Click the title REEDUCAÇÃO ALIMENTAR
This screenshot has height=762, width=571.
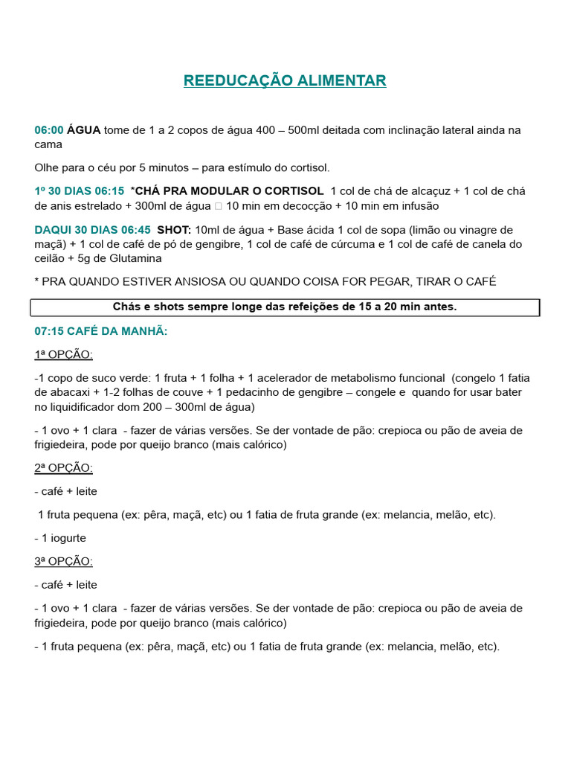pyautogui.click(x=285, y=80)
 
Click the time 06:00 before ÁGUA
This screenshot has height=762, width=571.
pyautogui.click(x=48, y=130)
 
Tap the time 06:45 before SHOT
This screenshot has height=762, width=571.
pyautogui.click(x=135, y=230)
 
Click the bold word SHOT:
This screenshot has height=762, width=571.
pyautogui.click(x=174, y=230)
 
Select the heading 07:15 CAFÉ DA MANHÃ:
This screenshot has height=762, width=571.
pyautogui.click(x=101, y=330)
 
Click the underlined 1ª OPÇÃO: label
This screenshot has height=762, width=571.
pyautogui.click(x=64, y=354)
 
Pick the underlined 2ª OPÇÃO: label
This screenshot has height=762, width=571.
pyautogui.click(x=64, y=468)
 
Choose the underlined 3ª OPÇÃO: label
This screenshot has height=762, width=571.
pyautogui.click(x=64, y=561)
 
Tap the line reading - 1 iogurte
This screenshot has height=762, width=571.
pyautogui.click(x=62, y=538)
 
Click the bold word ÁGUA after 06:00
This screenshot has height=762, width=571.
pyautogui.click(x=83, y=130)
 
